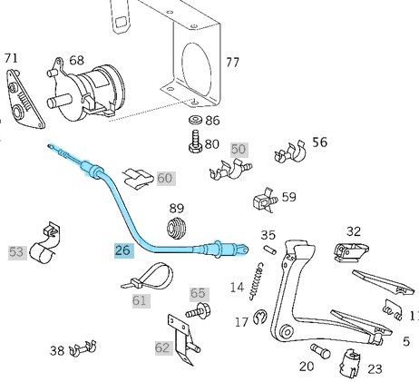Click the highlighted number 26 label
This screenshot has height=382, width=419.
coord(122,250)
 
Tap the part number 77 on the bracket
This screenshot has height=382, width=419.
coord(233,63)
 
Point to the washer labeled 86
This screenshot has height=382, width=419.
coord(194,120)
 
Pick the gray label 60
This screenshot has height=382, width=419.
coord(164,178)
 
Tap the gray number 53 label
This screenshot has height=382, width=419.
coord(16,251)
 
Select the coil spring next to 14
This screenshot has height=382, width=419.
coord(258,274)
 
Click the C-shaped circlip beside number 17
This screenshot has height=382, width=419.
coord(259,317)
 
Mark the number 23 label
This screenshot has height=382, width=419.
coord(375,369)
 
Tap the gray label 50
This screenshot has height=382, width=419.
coord(238,149)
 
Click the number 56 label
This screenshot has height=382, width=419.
coord(319,142)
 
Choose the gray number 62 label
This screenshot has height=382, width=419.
coord(162,348)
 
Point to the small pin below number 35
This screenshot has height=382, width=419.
coord(268,252)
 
